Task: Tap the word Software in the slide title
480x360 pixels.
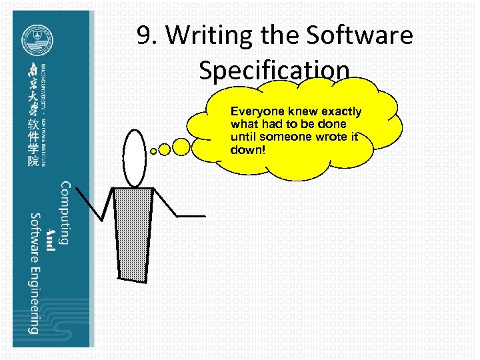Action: pos(364,35)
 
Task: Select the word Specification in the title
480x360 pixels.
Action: pos(274,69)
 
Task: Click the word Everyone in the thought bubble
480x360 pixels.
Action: pos(257,111)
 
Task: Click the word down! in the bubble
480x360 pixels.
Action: pos(247,149)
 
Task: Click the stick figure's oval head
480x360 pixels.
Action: pos(135,157)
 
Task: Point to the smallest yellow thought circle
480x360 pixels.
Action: pos(154,151)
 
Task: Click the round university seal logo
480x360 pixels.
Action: pos(35,39)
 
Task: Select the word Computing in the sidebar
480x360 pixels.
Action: pos(65,213)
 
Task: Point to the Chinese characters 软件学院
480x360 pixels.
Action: pos(33,143)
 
